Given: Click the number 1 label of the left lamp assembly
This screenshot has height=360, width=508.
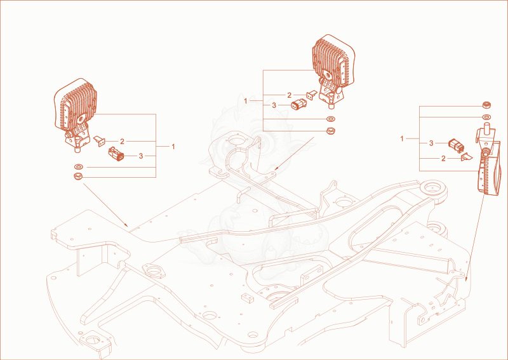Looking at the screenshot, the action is (x=173, y=147).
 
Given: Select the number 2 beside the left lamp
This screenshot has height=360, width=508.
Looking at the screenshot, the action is (x=122, y=142).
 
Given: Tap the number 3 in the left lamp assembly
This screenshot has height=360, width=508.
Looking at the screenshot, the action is (x=140, y=156).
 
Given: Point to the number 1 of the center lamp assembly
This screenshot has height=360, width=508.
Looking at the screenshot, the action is (x=246, y=101).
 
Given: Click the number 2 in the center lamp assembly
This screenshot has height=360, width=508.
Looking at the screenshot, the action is (x=290, y=95).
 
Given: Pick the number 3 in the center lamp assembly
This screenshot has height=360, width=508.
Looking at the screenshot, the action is (x=274, y=105).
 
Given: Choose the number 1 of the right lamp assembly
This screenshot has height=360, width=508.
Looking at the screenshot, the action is (x=402, y=139).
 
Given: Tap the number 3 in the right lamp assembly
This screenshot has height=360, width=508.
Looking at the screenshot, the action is (x=431, y=143).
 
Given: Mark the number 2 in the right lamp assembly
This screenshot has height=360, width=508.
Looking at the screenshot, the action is (x=443, y=159).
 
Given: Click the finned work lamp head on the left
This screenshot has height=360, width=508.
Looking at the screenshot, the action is (x=75, y=103).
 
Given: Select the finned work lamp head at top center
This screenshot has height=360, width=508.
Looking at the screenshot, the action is (x=333, y=59).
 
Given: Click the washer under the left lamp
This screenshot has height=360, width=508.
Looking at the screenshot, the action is (x=78, y=167).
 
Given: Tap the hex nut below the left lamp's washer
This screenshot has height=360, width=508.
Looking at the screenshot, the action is (x=78, y=177).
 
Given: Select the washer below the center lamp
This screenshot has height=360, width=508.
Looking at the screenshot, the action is (x=331, y=119).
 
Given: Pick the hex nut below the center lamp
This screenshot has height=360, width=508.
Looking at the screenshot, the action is (x=330, y=131).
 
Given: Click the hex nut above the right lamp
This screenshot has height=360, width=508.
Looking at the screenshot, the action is (x=486, y=105).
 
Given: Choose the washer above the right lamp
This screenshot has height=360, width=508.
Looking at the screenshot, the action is (x=486, y=117).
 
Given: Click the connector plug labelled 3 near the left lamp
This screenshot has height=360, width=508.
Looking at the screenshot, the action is (x=116, y=154).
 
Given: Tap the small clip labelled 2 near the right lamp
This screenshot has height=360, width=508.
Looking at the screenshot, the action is (x=467, y=157).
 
